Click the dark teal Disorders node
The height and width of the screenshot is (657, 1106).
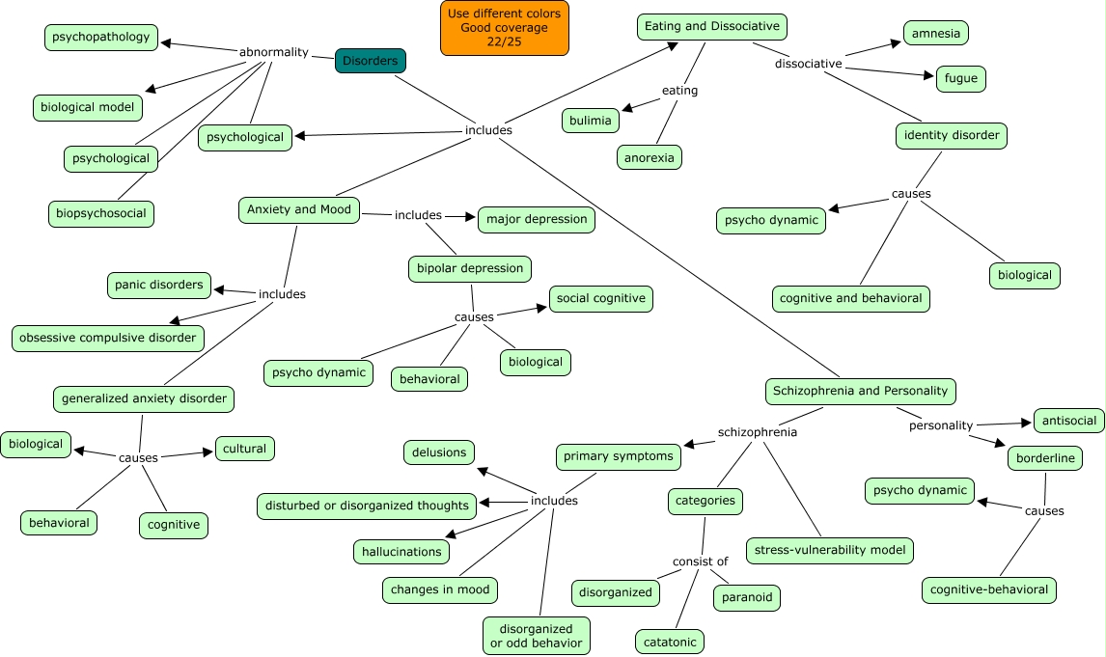[x=371, y=61]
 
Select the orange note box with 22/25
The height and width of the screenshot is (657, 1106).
[x=505, y=28]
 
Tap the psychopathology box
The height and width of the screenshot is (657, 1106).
[x=101, y=38]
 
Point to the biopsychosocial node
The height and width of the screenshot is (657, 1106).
[x=101, y=213]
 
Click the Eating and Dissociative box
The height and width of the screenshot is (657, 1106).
[x=712, y=26]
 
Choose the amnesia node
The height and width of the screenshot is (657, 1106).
[x=936, y=33]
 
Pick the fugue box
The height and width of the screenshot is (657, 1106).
[x=961, y=78]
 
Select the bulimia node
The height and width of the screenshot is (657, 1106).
[x=591, y=121]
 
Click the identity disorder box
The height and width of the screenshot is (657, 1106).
[x=952, y=135]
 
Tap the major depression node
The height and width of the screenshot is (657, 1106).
[x=537, y=219]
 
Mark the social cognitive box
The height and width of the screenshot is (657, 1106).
[x=601, y=298]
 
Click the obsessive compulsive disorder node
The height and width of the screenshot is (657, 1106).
[x=108, y=338]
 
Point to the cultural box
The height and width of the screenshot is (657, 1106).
[x=245, y=449]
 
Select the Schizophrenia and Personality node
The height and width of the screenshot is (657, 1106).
[x=861, y=391]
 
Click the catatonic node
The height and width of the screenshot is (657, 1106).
[x=670, y=642]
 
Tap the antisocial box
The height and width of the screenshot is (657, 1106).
[x=1069, y=420]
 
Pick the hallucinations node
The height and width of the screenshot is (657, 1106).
[x=401, y=552]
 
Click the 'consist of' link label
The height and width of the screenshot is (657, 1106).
[x=701, y=561]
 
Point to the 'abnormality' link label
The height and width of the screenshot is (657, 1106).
[x=273, y=52]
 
